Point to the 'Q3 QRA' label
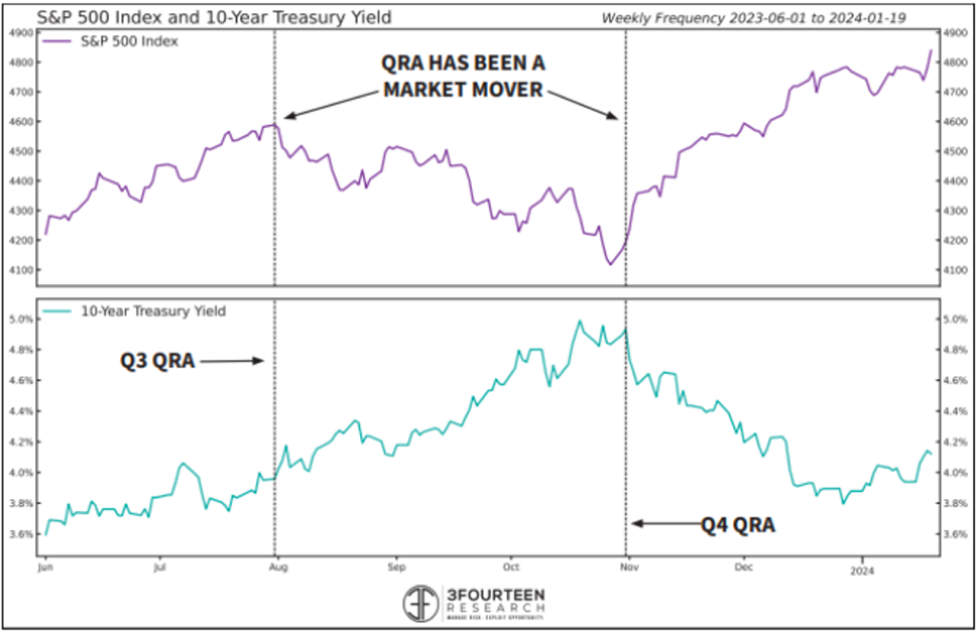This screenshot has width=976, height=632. (157, 361)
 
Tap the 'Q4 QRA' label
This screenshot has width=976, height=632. (737, 523)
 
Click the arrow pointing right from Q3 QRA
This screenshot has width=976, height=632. (232, 361)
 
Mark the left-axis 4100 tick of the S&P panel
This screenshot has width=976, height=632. (20, 270)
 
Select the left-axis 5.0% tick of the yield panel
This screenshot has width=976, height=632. (20, 319)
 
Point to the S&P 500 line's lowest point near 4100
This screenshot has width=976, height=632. (610, 264)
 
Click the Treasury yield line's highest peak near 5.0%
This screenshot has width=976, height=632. (579, 321)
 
